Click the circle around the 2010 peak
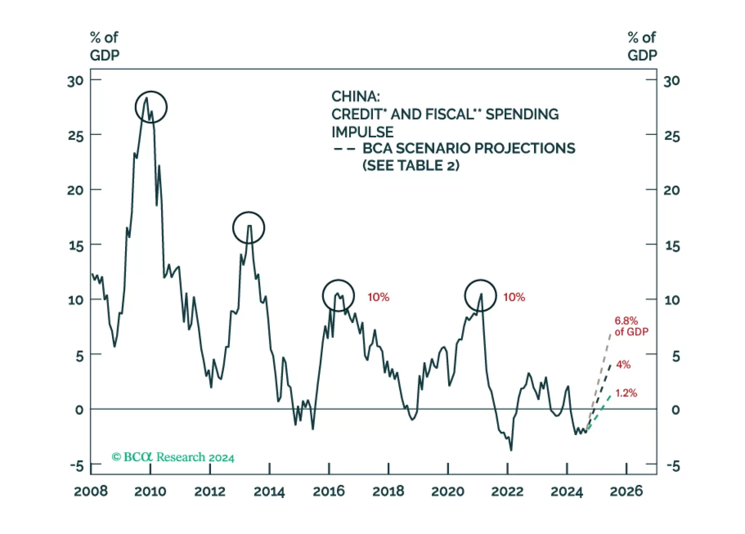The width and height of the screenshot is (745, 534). pos(151,107)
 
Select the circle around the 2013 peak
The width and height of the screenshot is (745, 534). pos(249,227)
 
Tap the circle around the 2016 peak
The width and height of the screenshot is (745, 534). pos(338,295)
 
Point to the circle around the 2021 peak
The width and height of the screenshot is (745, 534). pos(480,295)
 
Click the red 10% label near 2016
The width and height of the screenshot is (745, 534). pos(378,297)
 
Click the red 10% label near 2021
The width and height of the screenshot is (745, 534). pos(514,297)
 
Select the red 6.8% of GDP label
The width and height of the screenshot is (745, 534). pos(631,326)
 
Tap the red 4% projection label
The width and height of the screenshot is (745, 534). pos(623,365)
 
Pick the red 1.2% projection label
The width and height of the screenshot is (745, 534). pos(626,393)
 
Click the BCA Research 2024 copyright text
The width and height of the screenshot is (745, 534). pos(173,457)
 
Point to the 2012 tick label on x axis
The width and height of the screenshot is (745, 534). pos(210,492)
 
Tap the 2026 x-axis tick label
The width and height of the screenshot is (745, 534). pos(626,492)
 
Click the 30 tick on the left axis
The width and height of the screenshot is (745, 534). pos(76,81)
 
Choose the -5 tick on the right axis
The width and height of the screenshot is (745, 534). pos(673,466)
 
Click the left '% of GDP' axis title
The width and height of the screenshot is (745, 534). pos(105,46)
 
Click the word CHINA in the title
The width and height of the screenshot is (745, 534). pos(356,97)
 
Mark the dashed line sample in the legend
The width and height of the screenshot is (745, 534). pos(345,149)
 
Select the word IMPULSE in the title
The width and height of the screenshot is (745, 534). pos(363,132)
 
